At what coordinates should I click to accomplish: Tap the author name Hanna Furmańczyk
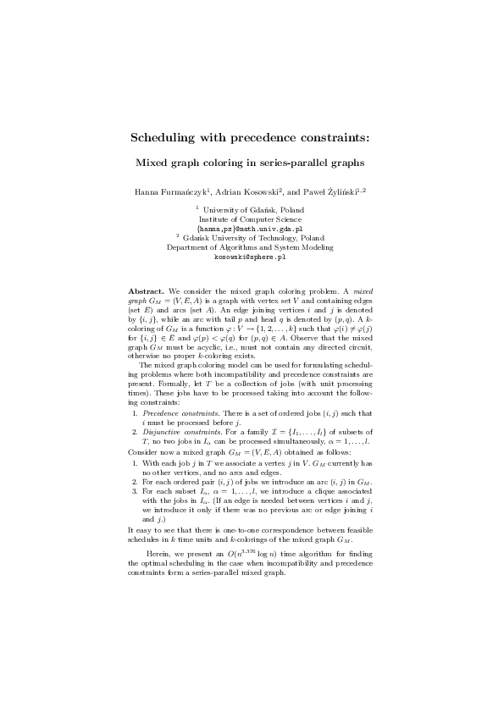pyautogui.click(x=171, y=192)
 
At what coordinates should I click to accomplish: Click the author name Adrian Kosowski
pyautogui.click(x=253, y=192)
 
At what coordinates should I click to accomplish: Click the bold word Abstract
pyautogui.click(x=146, y=290)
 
